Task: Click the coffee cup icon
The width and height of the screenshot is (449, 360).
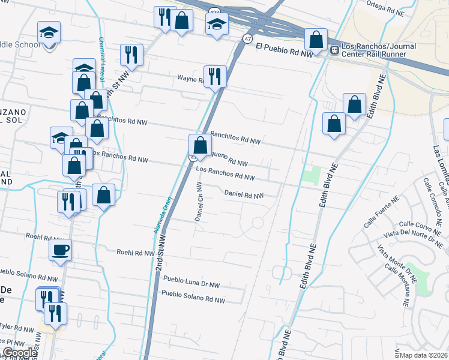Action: [x=61, y=250]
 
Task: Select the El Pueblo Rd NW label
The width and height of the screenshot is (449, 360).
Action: [x=284, y=49]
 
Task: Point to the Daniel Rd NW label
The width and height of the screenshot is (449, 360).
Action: [x=244, y=194]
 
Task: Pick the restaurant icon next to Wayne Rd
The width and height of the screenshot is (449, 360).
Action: [x=215, y=76]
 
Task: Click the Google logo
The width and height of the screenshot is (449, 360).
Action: [x=20, y=353]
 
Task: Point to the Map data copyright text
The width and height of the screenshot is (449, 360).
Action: [x=424, y=355]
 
